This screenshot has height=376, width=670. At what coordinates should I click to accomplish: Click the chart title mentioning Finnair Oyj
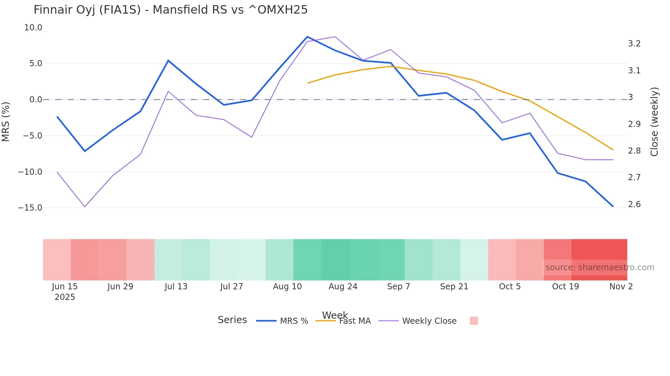pos(171,10)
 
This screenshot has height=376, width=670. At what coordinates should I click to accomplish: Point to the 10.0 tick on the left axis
pos(33,28)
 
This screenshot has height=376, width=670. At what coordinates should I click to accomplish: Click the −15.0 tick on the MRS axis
pos(30,208)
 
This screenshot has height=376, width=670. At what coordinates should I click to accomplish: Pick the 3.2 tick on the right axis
pos(634,44)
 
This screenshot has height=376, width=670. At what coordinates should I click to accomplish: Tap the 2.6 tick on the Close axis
pos(634,204)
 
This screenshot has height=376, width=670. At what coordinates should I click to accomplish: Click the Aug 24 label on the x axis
pos(343,287)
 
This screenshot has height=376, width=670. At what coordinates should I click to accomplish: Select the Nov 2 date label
pos(621,287)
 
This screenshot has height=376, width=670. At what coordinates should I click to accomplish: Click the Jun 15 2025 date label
pos(65,291)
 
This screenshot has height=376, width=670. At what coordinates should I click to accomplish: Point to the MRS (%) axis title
pos(6,121)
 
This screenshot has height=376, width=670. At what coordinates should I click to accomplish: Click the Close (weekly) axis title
pos(654,121)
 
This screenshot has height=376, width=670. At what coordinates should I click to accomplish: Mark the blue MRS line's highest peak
pos(307,37)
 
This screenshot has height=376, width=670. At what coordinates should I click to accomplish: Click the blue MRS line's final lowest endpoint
pos(613,206)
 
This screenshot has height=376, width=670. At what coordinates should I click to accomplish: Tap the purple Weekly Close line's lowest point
pos(85,207)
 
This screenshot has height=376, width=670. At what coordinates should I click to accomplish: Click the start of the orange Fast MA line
pos(308,83)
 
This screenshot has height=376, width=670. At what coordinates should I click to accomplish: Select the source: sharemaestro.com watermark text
pos(600,267)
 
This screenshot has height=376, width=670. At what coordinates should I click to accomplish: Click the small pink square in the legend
pos(473,321)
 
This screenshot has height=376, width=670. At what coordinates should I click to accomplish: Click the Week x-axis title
pos(335,315)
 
